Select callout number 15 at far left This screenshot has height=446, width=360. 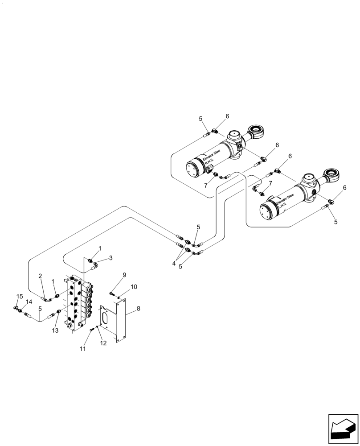[20, 296]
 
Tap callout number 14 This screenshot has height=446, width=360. [29, 302]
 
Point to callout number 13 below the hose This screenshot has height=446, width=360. [55, 330]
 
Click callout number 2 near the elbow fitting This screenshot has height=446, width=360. [40, 277]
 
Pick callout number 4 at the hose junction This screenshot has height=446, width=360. [174, 264]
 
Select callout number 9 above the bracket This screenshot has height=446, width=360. [125, 275]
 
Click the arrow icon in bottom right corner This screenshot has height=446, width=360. [343, 429]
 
